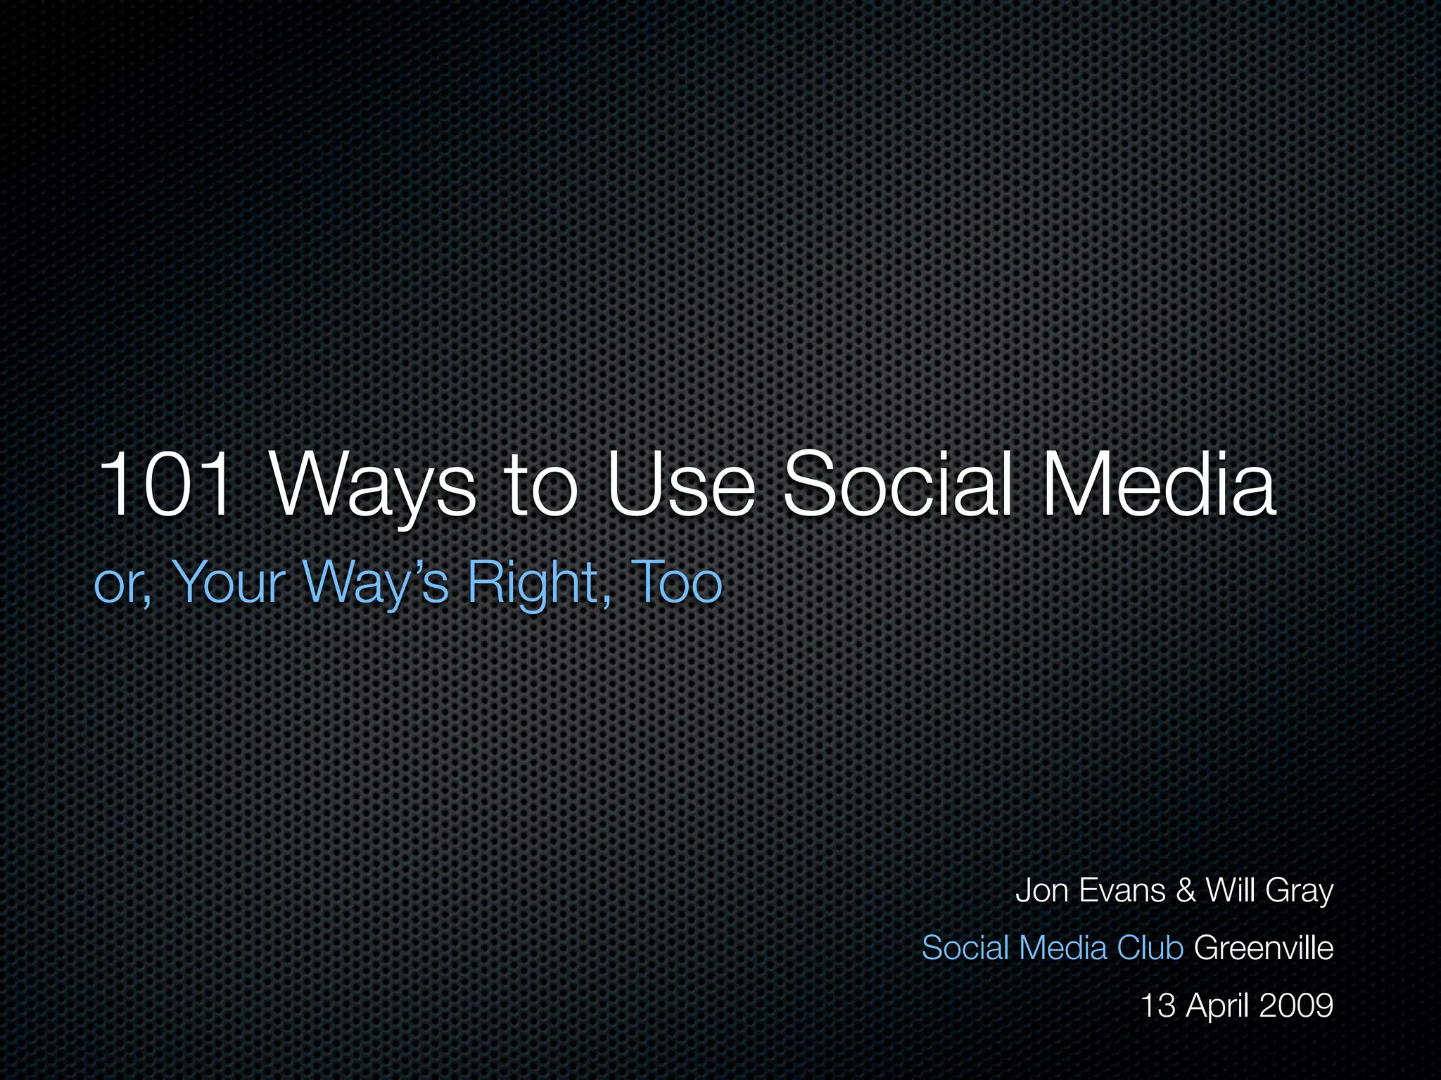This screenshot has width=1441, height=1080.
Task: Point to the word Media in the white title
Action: coord(1158,485)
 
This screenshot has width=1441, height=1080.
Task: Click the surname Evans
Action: coord(1122,891)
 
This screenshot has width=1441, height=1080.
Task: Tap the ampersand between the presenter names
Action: coord(1186,891)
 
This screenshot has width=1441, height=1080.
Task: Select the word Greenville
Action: coord(1264,948)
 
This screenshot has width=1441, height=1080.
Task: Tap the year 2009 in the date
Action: coord(1296,1005)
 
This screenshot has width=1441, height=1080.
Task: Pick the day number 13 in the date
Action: coord(1157,1005)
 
